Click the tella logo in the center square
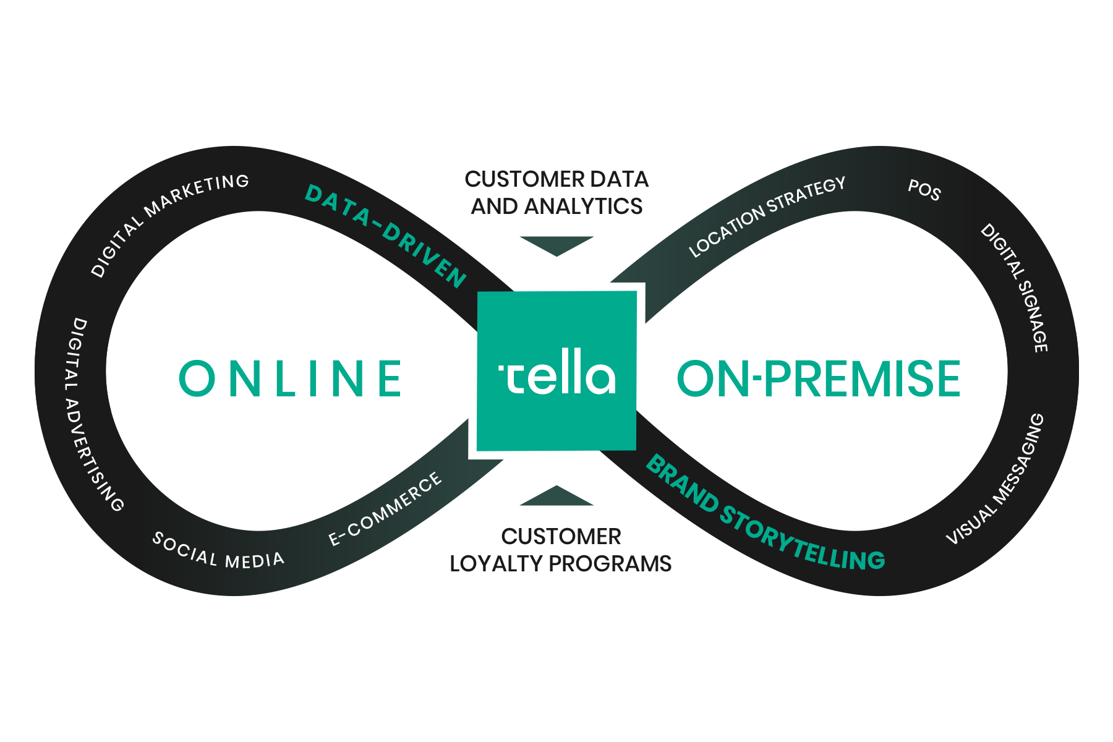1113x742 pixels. click(556, 372)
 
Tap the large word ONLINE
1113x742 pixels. click(290, 378)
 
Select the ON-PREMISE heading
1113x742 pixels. click(819, 378)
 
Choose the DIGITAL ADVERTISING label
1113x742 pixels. click(93, 414)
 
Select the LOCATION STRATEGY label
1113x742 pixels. click(767, 216)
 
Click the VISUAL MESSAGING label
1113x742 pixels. click(996, 480)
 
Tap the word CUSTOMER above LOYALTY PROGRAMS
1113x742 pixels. click(561, 537)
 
